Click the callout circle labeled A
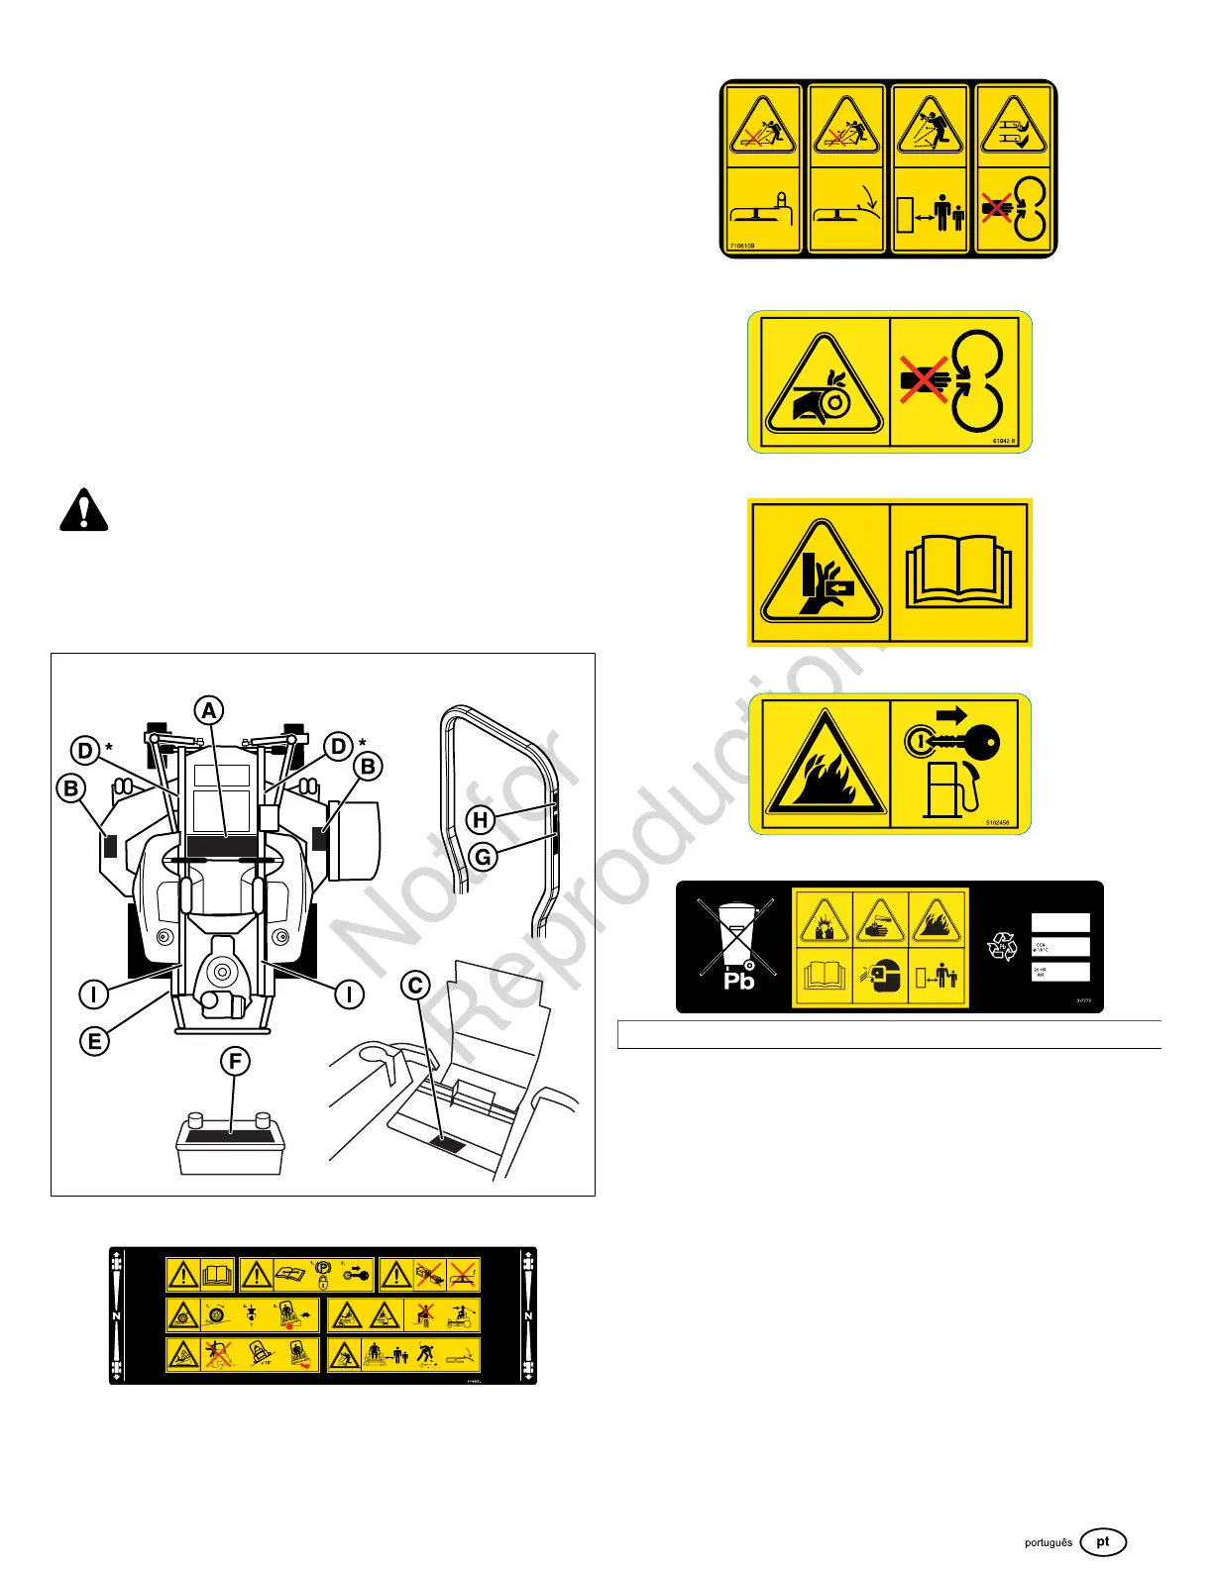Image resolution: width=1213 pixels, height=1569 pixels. [x=208, y=710]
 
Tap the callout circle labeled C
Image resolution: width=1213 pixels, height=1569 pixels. [x=416, y=986]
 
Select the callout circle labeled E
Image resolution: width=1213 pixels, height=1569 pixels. [x=94, y=1041]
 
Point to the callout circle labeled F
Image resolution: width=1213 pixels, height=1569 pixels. [x=235, y=1062]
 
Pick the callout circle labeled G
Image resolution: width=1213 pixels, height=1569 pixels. [x=483, y=857]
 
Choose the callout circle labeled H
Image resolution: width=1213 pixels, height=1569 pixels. [x=481, y=819]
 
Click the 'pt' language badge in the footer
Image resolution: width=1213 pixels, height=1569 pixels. [x=1103, y=1542]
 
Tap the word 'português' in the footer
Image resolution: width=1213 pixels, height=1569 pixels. [x=1048, y=1543]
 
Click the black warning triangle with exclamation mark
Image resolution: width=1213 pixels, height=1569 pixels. [x=84, y=510]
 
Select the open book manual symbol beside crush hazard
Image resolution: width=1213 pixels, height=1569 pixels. [x=959, y=572]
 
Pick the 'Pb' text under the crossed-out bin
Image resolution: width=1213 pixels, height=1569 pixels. [x=739, y=981]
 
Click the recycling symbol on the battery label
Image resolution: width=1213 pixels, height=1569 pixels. [x=1003, y=947]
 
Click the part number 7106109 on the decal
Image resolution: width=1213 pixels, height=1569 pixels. [x=742, y=246]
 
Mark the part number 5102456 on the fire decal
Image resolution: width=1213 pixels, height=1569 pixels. [x=998, y=822]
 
